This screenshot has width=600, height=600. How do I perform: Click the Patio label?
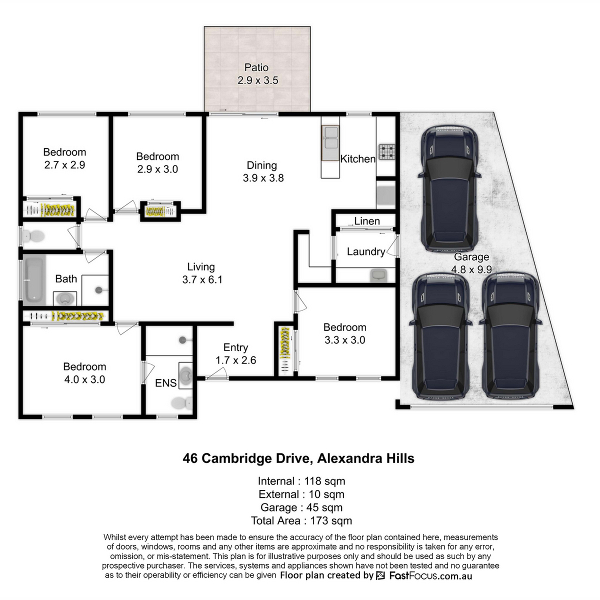[256, 67]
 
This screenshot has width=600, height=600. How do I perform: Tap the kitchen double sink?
[330, 143]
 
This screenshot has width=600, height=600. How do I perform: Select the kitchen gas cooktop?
[386, 151]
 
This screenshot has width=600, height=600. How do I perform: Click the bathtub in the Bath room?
[34, 280]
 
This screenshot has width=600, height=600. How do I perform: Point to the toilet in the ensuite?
[182, 403]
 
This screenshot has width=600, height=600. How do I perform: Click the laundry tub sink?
[378, 275]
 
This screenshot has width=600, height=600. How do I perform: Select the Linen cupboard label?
[367, 221]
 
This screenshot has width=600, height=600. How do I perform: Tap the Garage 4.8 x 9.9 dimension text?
[471, 269]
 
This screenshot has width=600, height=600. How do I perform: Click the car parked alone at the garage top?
[449, 189]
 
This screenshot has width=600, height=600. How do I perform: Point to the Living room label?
[201, 267]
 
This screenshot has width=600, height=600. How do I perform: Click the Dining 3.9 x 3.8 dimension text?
[263, 178]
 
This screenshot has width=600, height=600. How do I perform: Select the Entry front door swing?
[217, 373]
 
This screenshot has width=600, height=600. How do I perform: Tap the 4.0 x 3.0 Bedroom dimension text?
[84, 379]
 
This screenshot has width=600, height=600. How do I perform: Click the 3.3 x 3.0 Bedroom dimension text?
[344, 339]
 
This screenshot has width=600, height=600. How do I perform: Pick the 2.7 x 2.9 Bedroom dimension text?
[64, 164]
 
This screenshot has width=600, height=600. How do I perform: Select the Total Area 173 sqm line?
[301, 520]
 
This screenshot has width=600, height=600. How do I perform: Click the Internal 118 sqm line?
[301, 481]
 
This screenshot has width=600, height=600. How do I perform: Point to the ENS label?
[165, 383]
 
